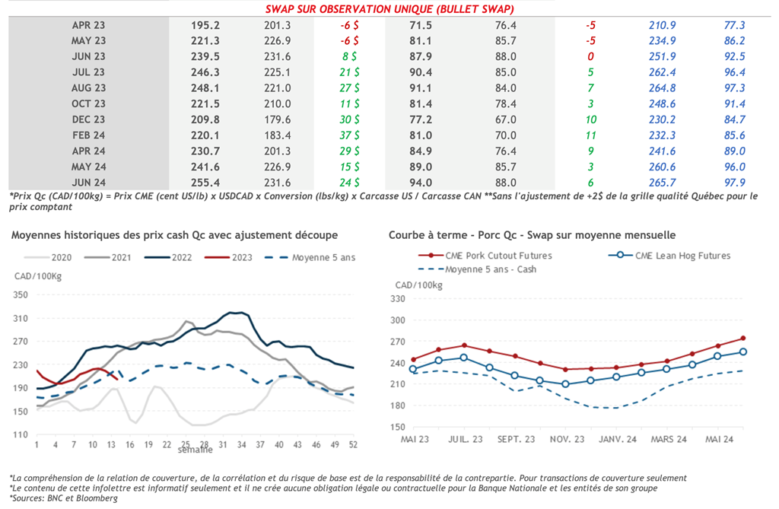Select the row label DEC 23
tap(88, 119)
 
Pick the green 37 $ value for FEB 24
tap(350, 135)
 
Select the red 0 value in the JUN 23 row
tap(590, 56)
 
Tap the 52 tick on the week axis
tap(353, 444)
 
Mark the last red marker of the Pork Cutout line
tap(742, 338)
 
